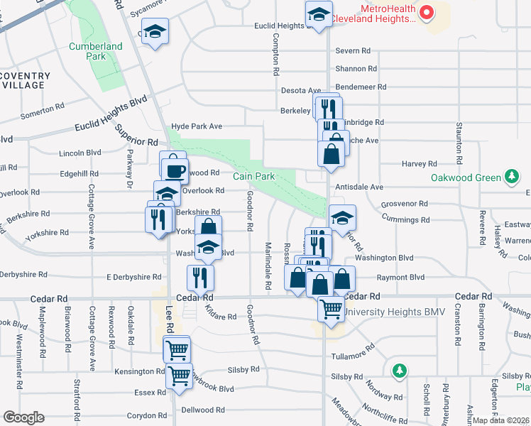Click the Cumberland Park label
tap(96, 51)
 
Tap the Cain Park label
tap(249, 175)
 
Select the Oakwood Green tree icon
tap(510, 176)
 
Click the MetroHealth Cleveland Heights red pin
tap(426, 12)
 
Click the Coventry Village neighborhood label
tap(25, 80)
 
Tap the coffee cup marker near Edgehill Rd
tap(175, 170)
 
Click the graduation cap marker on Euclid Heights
tap(319, 13)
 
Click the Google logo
tap(23, 417)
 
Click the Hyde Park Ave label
tap(197, 126)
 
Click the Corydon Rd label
tap(146, 416)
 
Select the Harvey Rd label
tap(418, 164)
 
